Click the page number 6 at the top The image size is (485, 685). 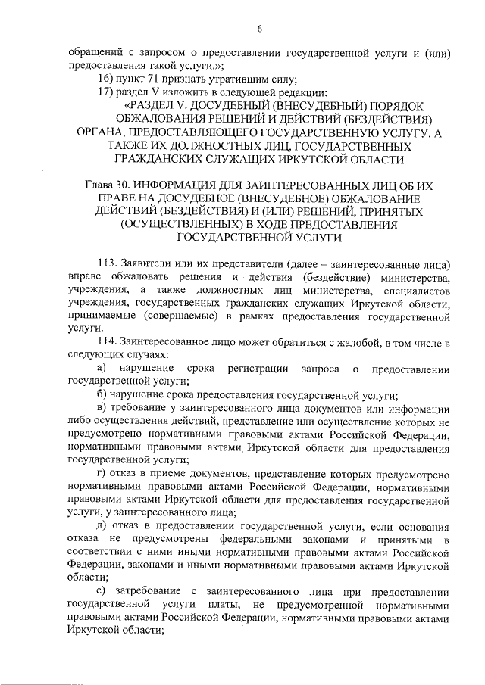(259, 29)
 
